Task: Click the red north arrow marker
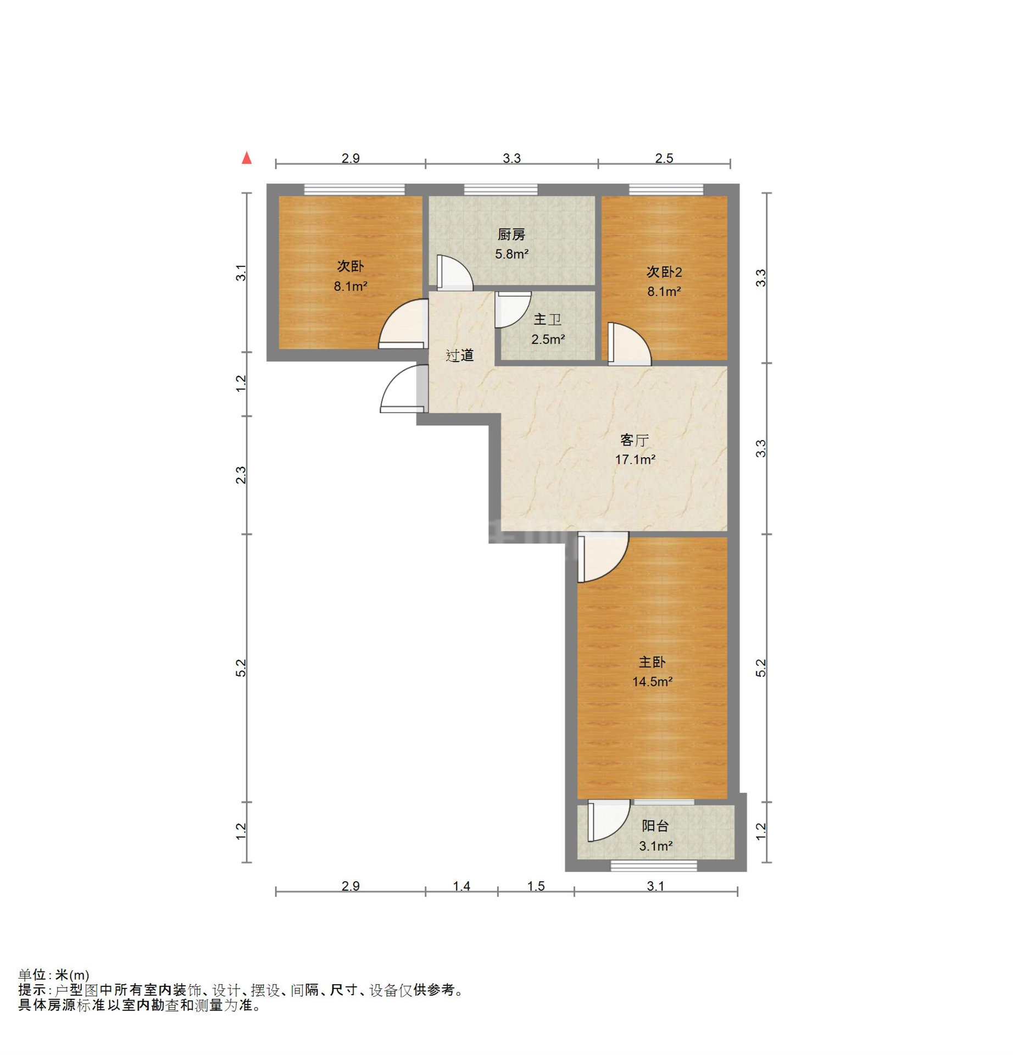pos(247,158)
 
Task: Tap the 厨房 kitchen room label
pos(511,235)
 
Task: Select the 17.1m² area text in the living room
pos(635,459)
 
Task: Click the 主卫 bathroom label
pos(548,319)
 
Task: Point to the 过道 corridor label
pos(460,356)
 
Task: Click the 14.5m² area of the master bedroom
pos(653,682)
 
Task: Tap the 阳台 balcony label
pos(655,826)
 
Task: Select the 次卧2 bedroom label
pos(664,272)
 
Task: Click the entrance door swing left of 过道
pos(404,389)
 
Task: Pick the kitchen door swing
pos(455,273)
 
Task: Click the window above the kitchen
pos(500,190)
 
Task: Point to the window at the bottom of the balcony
pos(654,865)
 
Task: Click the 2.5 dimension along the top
pos(664,158)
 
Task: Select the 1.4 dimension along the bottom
pos(461,886)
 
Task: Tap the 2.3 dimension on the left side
pos(241,475)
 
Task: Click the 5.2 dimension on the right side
pos(761,668)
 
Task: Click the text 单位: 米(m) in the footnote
pos(54,975)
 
